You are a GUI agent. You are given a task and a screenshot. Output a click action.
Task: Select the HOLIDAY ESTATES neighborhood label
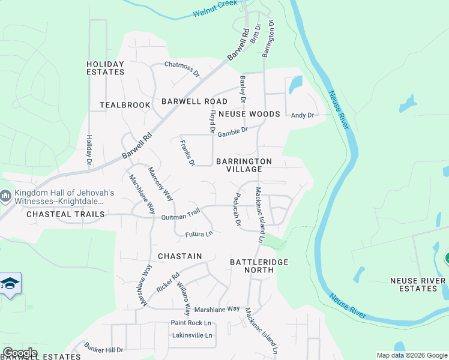coord(105,68)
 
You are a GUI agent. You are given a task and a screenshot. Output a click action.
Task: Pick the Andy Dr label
coord(303,115)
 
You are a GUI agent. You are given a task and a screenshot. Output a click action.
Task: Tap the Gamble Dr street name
coord(232,132)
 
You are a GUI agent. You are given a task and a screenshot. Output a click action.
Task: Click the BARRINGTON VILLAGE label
coord(244,166)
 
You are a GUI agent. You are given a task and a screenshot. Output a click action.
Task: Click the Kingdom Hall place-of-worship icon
coord(5,196)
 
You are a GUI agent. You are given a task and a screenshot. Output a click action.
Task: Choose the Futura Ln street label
coord(199,234)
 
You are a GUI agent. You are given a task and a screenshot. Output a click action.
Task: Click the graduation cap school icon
coord(10,283)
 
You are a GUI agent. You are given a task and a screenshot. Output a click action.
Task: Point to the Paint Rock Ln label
coord(191,323)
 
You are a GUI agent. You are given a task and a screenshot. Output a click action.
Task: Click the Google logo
coord(20,353)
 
